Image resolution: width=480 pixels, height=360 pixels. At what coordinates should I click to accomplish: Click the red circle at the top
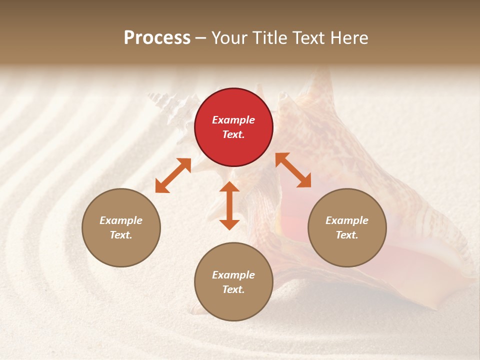[233, 127]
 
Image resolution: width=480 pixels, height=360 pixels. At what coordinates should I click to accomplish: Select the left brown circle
[121, 227]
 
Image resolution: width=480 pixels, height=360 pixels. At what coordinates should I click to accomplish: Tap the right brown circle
[347, 227]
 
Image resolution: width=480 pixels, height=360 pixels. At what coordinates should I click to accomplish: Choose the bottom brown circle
[233, 282]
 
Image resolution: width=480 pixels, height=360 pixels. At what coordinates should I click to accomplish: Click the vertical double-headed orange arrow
[229, 205]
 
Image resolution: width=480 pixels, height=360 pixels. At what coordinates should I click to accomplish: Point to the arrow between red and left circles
[173, 175]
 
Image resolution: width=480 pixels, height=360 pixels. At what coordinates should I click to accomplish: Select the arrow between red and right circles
[293, 170]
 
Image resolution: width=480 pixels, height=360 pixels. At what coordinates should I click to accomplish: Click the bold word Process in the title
[157, 38]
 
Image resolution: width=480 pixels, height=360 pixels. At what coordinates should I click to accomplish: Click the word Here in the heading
[348, 38]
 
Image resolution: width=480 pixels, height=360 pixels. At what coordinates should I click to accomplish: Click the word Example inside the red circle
[233, 120]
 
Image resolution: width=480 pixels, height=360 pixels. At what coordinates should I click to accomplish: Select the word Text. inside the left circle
[121, 235]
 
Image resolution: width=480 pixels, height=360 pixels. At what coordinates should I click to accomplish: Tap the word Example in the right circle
[347, 220]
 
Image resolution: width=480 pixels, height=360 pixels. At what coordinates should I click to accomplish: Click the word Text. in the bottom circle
[233, 289]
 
